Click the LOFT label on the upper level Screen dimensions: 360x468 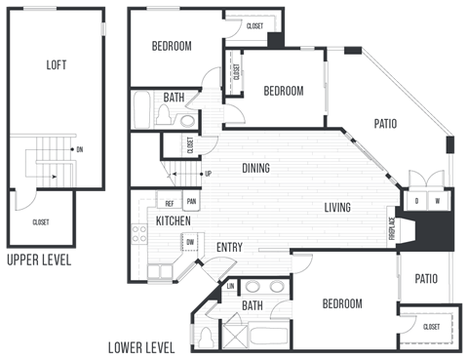[x=57, y=65]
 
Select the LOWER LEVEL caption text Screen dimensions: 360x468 [x=141, y=347]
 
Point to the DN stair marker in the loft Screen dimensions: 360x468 [x=79, y=149]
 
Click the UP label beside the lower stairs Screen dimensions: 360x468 [x=208, y=175]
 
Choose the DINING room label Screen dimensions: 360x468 [x=255, y=168]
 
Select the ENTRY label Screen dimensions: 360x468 [x=229, y=247]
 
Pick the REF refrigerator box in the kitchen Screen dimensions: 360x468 [x=170, y=204]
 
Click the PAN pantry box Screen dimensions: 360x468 [x=192, y=203]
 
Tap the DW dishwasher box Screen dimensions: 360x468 [x=190, y=243]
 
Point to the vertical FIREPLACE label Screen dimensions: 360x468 [x=393, y=226]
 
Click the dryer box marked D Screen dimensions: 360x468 [x=416, y=201]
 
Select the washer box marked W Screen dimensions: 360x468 [x=437, y=201]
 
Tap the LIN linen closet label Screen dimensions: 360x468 [x=230, y=286]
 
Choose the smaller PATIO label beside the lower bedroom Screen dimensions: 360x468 [x=425, y=279]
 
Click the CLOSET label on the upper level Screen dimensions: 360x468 [x=41, y=222]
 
